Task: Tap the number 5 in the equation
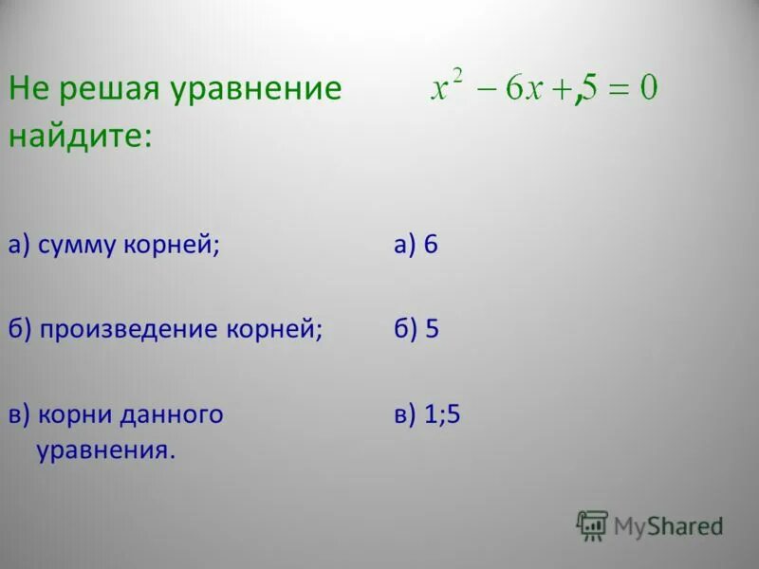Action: [590, 89]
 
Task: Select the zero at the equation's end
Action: [648, 89]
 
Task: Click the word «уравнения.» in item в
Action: [106, 448]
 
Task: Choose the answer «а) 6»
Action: [416, 246]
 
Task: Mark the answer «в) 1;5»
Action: [427, 414]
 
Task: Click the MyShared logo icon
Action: [592, 525]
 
